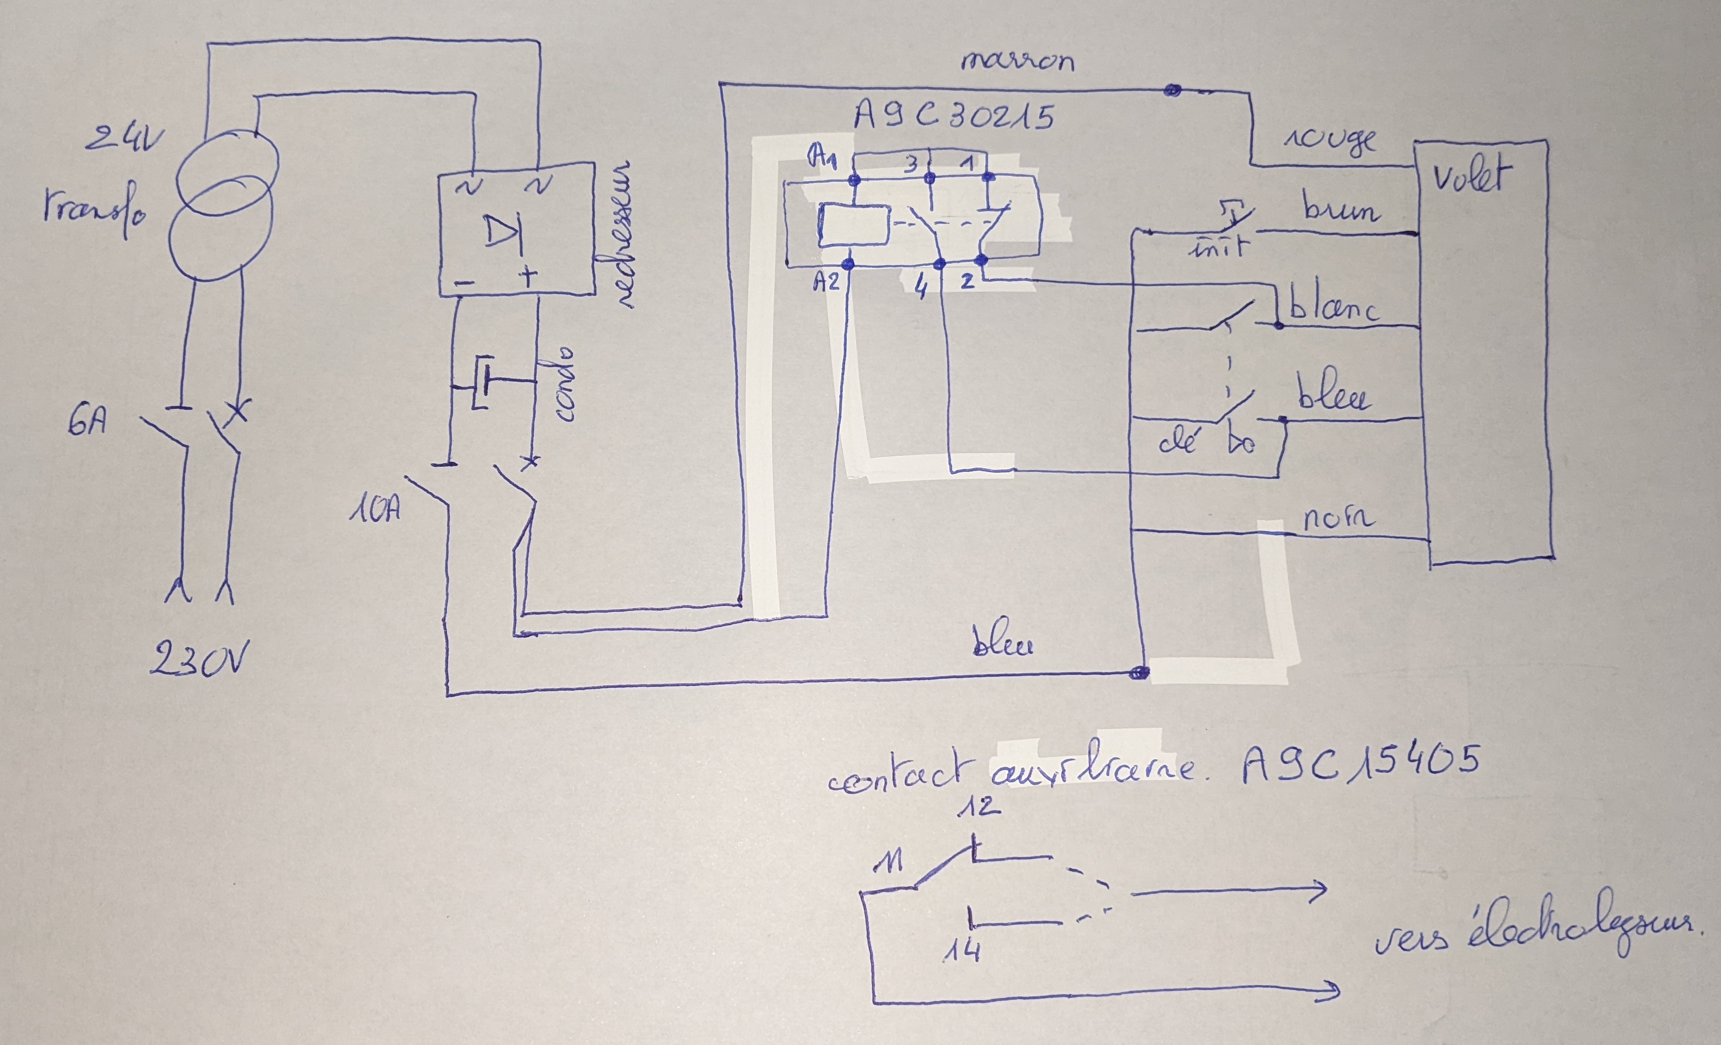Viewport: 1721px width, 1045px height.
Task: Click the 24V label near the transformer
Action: pos(124,141)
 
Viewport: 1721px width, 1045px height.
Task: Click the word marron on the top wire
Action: pos(1017,62)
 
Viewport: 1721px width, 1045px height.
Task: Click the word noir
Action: pos(1338,518)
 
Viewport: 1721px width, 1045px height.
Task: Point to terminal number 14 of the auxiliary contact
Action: pos(962,950)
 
